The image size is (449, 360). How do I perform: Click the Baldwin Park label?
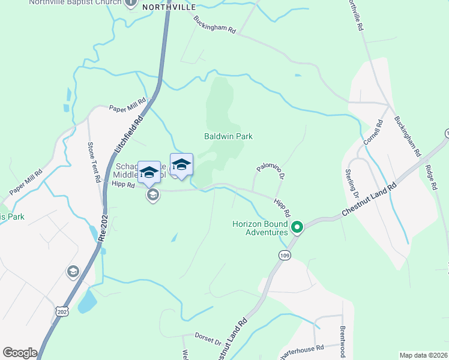[228, 136]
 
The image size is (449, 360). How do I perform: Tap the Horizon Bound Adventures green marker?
[297, 227]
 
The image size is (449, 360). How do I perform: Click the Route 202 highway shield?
[62, 311]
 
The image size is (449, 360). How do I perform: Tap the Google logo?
[20, 352]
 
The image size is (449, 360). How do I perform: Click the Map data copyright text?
[424, 355]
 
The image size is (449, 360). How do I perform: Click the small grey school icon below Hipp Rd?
[153, 195]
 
